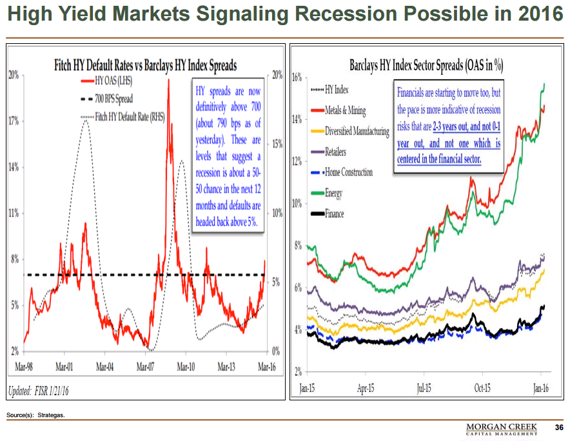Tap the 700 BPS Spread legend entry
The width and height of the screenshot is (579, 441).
[113, 99]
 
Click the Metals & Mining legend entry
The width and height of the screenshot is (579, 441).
[346, 110]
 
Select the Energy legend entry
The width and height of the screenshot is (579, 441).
[334, 193]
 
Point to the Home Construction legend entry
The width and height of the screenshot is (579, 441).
[349, 172]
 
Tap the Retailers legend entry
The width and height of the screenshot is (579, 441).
[336, 152]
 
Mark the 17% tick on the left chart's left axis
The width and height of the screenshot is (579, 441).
[14, 121]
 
